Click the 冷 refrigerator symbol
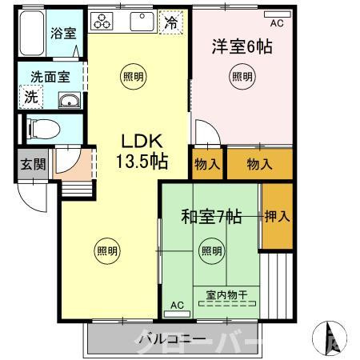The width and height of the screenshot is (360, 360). tap(170, 23)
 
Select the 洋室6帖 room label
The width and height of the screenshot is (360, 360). tap(241, 47)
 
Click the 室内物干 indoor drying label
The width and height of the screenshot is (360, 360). tap(226, 294)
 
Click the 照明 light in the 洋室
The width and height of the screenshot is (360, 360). tap(241, 77)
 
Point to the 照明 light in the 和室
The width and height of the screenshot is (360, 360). tap(210, 250)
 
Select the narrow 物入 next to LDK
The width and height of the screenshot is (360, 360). tap(207, 163)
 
